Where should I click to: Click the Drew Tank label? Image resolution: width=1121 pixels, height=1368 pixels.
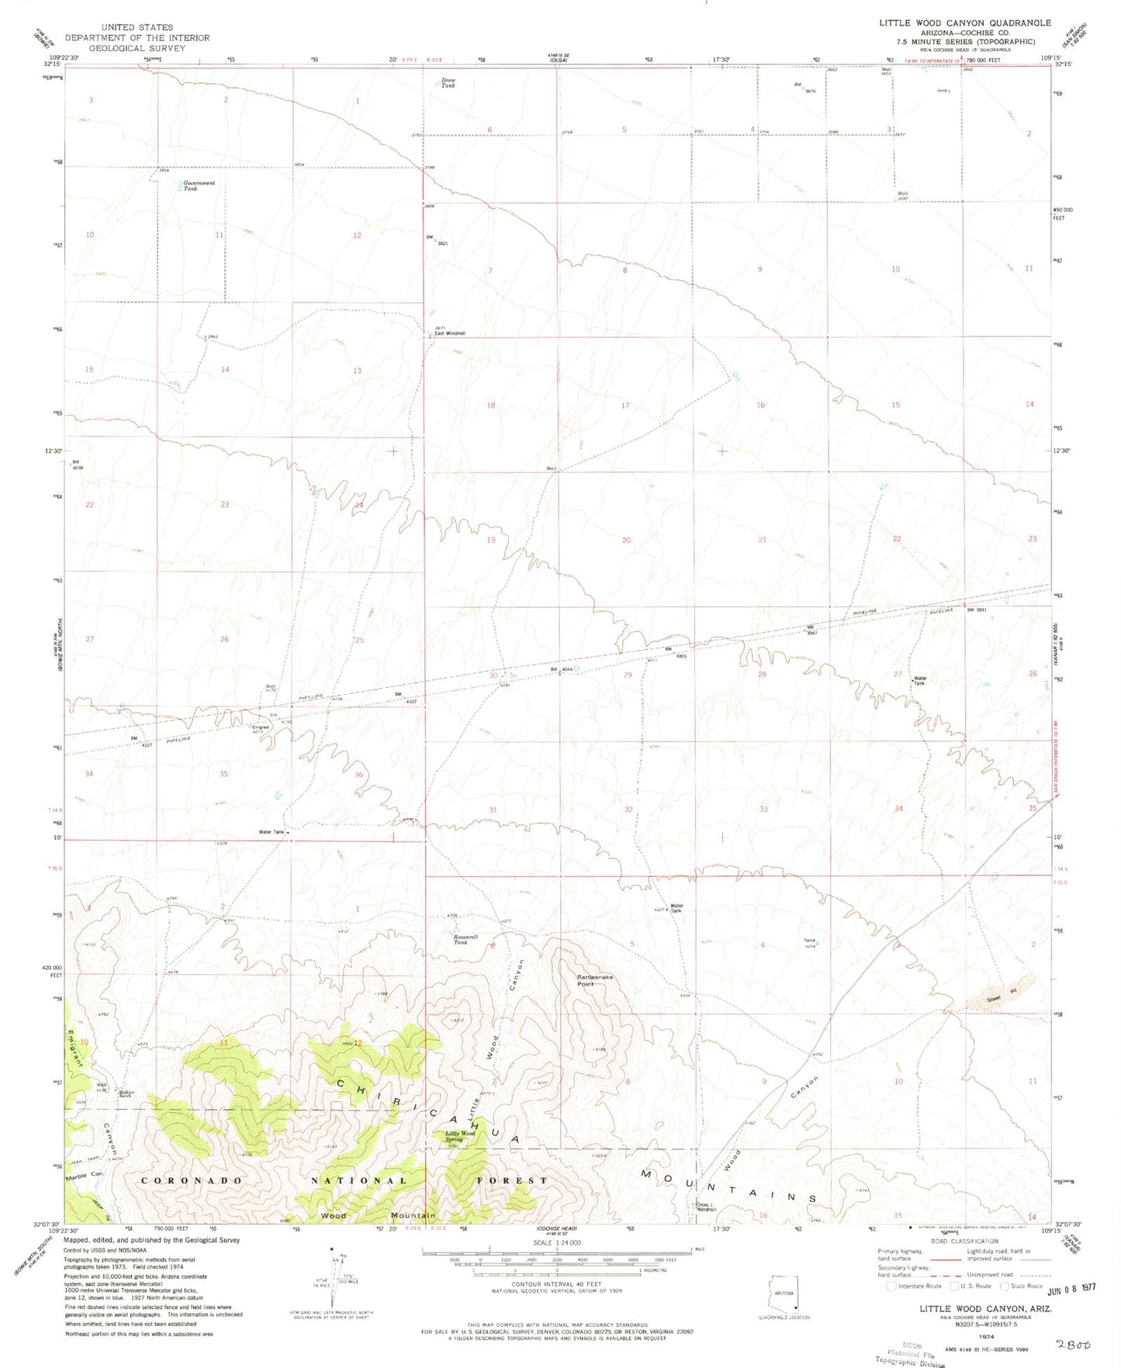[448, 82]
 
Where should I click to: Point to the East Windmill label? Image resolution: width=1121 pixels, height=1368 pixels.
[450, 333]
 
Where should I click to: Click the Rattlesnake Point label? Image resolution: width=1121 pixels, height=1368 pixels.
[595, 980]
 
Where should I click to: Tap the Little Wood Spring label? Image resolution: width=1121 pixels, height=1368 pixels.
[459, 1136]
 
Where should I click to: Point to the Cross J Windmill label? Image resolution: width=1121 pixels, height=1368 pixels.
[705, 1207]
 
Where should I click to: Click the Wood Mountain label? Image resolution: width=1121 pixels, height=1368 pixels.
[378, 1215]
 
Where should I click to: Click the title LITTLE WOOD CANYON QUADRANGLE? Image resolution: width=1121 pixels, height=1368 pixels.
[964, 23]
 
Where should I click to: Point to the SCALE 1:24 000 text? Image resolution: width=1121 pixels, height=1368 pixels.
[556, 1242]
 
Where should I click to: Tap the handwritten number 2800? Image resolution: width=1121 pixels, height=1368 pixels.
[1073, 1344]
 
